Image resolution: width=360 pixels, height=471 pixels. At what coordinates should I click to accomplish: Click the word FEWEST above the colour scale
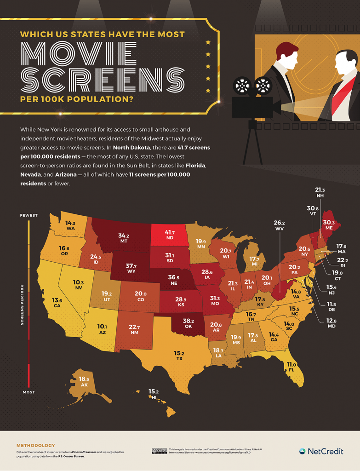pyautogui.click(x=29, y=215)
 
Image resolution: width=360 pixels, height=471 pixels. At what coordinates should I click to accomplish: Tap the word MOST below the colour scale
pyautogui.click(x=29, y=392)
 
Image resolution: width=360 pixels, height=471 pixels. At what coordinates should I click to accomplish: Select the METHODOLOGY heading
pyautogui.click(x=35, y=445)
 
